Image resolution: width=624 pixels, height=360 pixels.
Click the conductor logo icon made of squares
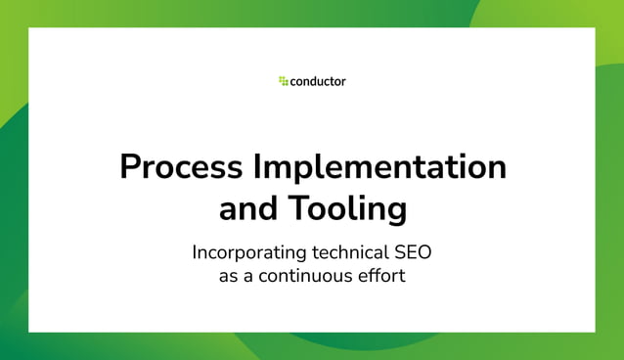(283, 81)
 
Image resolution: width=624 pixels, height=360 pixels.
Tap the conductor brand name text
(318, 81)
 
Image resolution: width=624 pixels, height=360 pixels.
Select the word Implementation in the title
(379, 167)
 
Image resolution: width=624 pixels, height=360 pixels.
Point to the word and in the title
(247, 209)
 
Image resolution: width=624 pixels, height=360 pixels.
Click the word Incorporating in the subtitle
(249, 252)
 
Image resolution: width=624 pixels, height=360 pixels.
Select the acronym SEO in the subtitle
(413, 252)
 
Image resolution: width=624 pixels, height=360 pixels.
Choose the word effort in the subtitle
(381, 276)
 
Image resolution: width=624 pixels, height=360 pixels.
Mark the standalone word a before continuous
(249, 276)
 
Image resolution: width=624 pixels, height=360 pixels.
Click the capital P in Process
(130, 167)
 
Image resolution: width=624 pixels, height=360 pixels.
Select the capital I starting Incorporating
(195, 252)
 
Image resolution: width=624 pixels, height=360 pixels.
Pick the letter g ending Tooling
(396, 212)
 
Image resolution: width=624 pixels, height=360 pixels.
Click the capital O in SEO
(423, 252)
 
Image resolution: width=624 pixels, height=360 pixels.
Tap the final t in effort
(401, 276)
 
